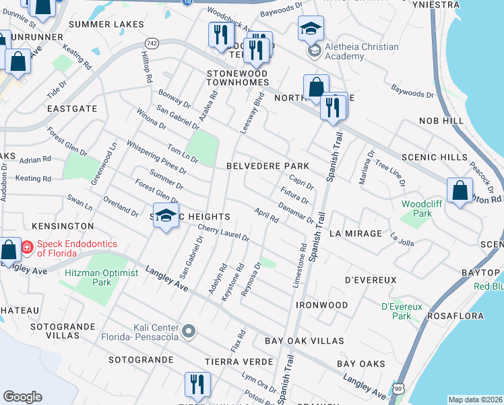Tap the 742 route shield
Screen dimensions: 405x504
(x=152, y=43)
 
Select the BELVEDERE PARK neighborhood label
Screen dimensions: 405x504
(x=267, y=165)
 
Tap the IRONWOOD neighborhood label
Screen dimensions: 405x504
(x=321, y=305)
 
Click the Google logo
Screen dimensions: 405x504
(x=22, y=396)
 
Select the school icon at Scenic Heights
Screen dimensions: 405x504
(x=166, y=216)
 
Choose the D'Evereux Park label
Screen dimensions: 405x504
(x=402, y=311)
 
